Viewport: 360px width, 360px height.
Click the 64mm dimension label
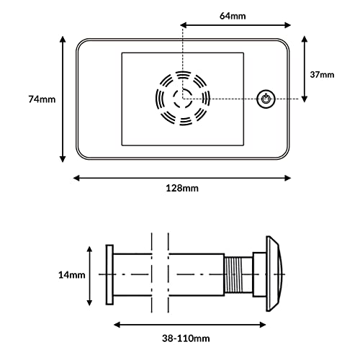click(233, 16)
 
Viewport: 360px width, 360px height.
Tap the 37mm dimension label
click(322, 75)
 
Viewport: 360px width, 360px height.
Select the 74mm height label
click(42, 99)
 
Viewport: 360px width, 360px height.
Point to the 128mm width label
click(182, 188)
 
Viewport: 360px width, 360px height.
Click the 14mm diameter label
click(72, 275)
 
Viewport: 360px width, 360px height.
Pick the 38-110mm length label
click(186, 338)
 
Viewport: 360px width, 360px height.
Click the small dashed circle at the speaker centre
click(183, 99)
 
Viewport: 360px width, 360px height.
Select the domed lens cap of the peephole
click(274, 274)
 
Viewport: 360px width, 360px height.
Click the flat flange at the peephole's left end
click(109, 275)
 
